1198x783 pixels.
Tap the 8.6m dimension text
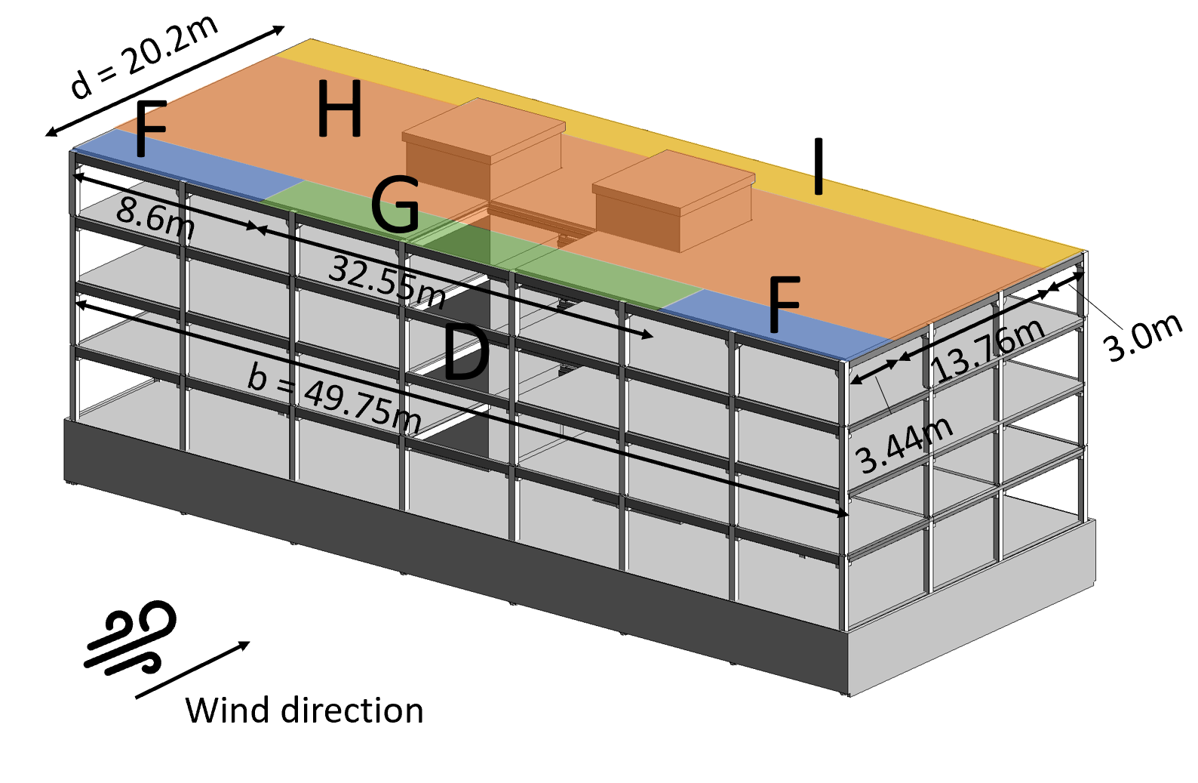click(x=155, y=218)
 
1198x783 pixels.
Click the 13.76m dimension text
click(x=989, y=349)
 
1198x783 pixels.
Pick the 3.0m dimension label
click(x=1142, y=337)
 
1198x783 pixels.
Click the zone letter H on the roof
click(x=340, y=109)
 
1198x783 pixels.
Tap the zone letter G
click(x=395, y=205)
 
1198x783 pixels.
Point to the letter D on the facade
click(x=465, y=353)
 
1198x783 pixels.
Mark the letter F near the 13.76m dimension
click(x=783, y=304)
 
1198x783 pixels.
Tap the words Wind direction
click(x=304, y=711)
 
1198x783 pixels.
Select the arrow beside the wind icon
click(x=193, y=670)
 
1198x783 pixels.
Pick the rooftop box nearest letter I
click(x=674, y=200)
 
